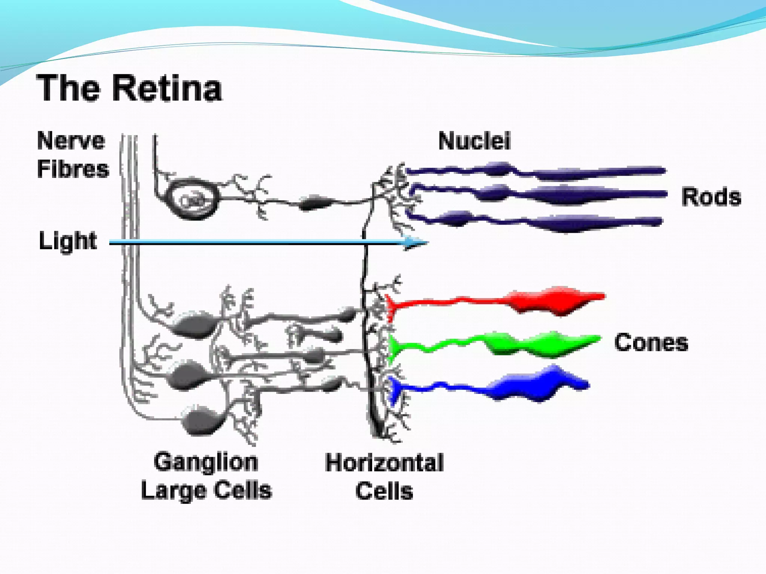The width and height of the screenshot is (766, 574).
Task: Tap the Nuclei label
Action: coord(474,141)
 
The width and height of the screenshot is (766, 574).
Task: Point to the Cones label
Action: coord(651,342)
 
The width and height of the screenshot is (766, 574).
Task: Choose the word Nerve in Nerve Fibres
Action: coord(71,141)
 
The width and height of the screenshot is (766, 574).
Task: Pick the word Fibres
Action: coord(73,169)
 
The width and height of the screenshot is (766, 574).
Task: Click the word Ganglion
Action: coord(206,462)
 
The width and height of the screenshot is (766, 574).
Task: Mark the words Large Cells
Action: coord(206,490)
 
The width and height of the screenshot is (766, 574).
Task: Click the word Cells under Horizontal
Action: coord(384,491)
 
